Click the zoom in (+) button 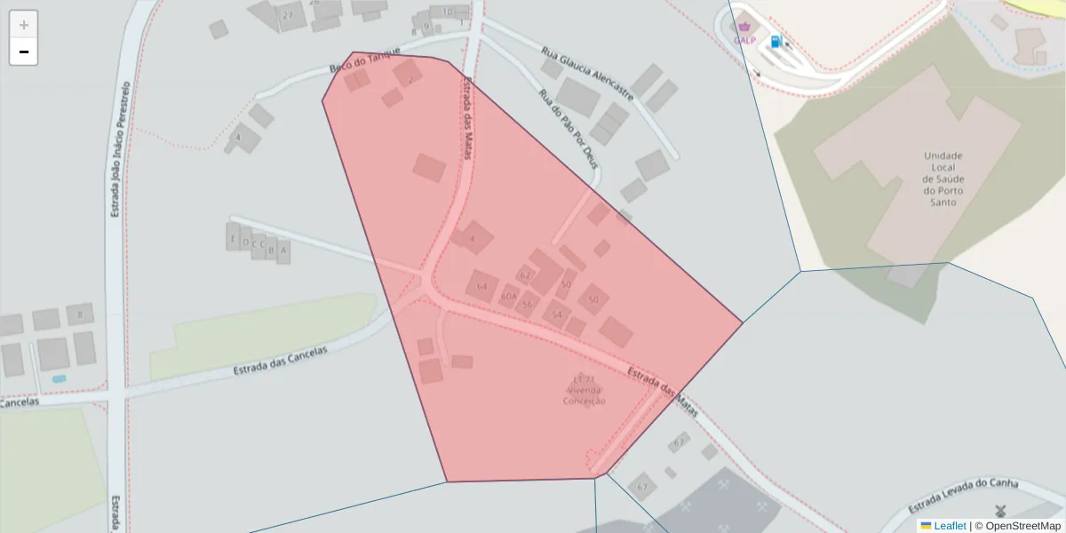click(x=24, y=25)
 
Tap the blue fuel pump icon click(x=776, y=42)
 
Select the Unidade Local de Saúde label click(x=943, y=179)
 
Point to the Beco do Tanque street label click(x=365, y=60)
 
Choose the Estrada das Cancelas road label click(x=280, y=362)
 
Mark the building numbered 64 click(x=482, y=286)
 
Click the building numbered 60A click(x=509, y=296)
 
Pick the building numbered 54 click(x=557, y=314)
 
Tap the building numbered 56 click(x=528, y=304)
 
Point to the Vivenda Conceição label click(x=585, y=391)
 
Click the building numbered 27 click(x=287, y=15)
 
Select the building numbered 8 click(x=80, y=314)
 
